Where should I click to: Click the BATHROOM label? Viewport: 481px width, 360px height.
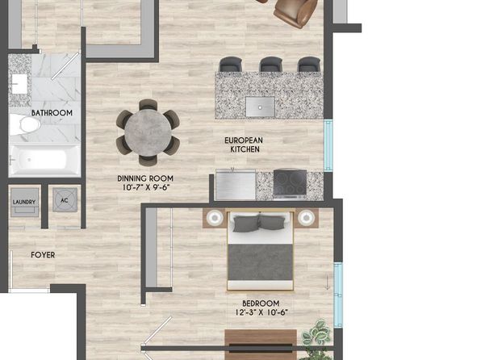(x=52, y=113)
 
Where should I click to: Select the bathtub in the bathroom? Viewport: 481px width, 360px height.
(x=44, y=160)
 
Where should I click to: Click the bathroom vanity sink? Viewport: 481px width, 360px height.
(x=19, y=84)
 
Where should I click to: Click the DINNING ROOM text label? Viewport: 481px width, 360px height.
(x=145, y=178)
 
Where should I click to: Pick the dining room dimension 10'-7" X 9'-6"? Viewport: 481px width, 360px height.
(x=146, y=187)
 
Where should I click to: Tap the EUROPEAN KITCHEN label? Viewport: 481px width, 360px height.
(x=244, y=144)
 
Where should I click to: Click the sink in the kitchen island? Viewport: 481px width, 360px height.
(x=260, y=107)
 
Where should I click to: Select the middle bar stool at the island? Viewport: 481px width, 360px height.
(x=271, y=64)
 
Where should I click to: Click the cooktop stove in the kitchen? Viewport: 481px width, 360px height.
(x=290, y=183)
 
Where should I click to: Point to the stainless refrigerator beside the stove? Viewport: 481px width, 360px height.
(x=236, y=184)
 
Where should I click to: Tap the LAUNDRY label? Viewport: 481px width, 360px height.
(x=24, y=202)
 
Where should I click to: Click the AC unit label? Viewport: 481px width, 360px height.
(x=64, y=200)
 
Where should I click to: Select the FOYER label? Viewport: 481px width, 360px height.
(x=43, y=255)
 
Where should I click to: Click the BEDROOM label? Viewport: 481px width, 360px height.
(x=261, y=303)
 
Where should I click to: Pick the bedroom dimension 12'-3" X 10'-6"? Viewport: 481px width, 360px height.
(x=261, y=312)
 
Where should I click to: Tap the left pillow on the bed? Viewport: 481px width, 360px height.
(x=246, y=223)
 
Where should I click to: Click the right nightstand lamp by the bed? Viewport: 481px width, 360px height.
(x=306, y=218)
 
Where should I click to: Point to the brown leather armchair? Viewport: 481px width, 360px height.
(x=295, y=12)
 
